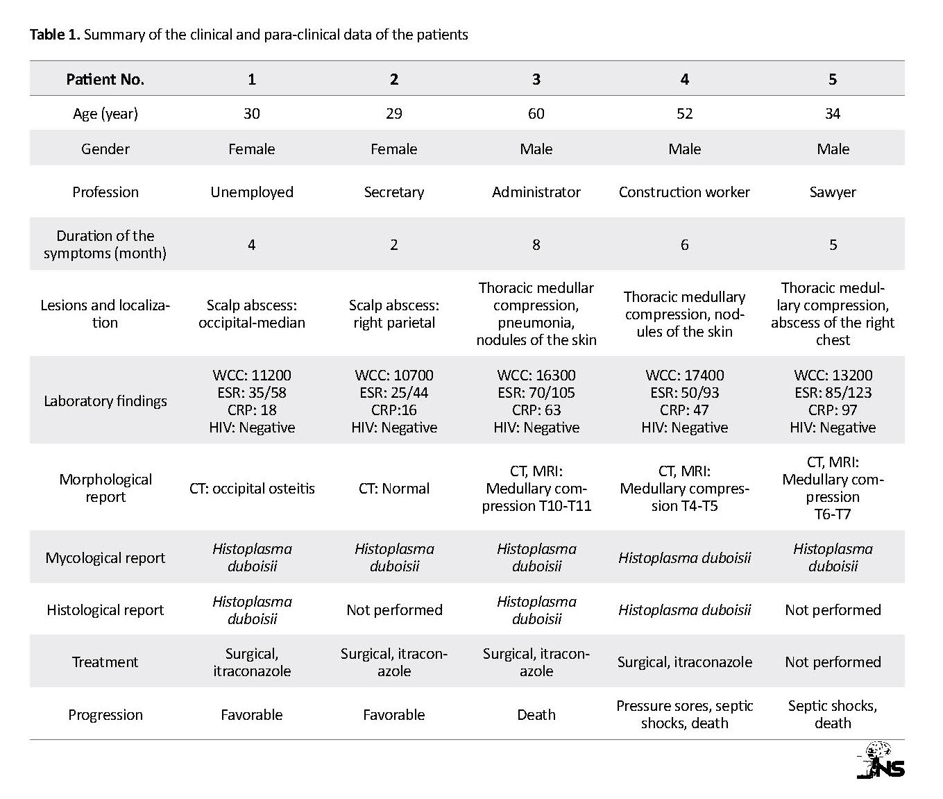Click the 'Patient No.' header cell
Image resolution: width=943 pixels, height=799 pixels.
(x=105, y=79)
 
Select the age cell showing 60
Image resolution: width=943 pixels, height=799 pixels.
(x=536, y=113)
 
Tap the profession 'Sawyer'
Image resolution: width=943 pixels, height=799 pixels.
(x=833, y=192)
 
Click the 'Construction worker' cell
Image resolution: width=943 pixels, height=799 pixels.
(x=684, y=192)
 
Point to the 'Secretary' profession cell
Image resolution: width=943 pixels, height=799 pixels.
(x=393, y=192)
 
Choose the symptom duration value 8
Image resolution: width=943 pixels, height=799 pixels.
(x=536, y=244)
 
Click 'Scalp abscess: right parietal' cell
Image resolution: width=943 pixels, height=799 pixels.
(x=393, y=314)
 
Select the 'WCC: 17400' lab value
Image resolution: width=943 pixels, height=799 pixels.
(x=684, y=375)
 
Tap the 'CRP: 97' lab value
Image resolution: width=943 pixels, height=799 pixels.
(x=833, y=410)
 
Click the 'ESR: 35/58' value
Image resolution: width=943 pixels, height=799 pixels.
(x=252, y=392)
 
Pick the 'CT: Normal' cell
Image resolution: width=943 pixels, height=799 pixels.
(x=393, y=488)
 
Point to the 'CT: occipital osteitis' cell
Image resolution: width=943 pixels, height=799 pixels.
(x=252, y=488)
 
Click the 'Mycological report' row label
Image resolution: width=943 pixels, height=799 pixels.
(x=105, y=557)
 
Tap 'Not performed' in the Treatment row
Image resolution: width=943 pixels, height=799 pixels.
(x=833, y=662)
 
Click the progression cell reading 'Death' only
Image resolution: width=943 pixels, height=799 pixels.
(x=536, y=714)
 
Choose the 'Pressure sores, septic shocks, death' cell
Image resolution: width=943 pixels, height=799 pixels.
(x=684, y=714)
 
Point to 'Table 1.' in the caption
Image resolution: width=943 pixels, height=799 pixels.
(x=55, y=35)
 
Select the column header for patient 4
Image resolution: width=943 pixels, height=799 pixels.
(x=684, y=79)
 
